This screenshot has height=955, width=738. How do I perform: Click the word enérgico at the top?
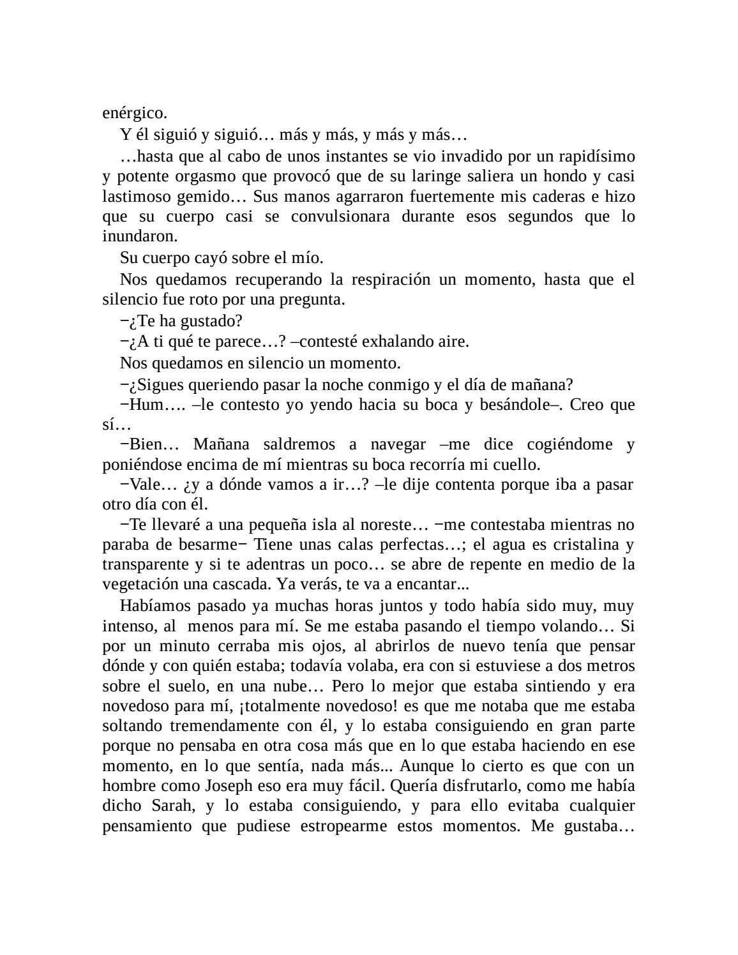click(x=134, y=114)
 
